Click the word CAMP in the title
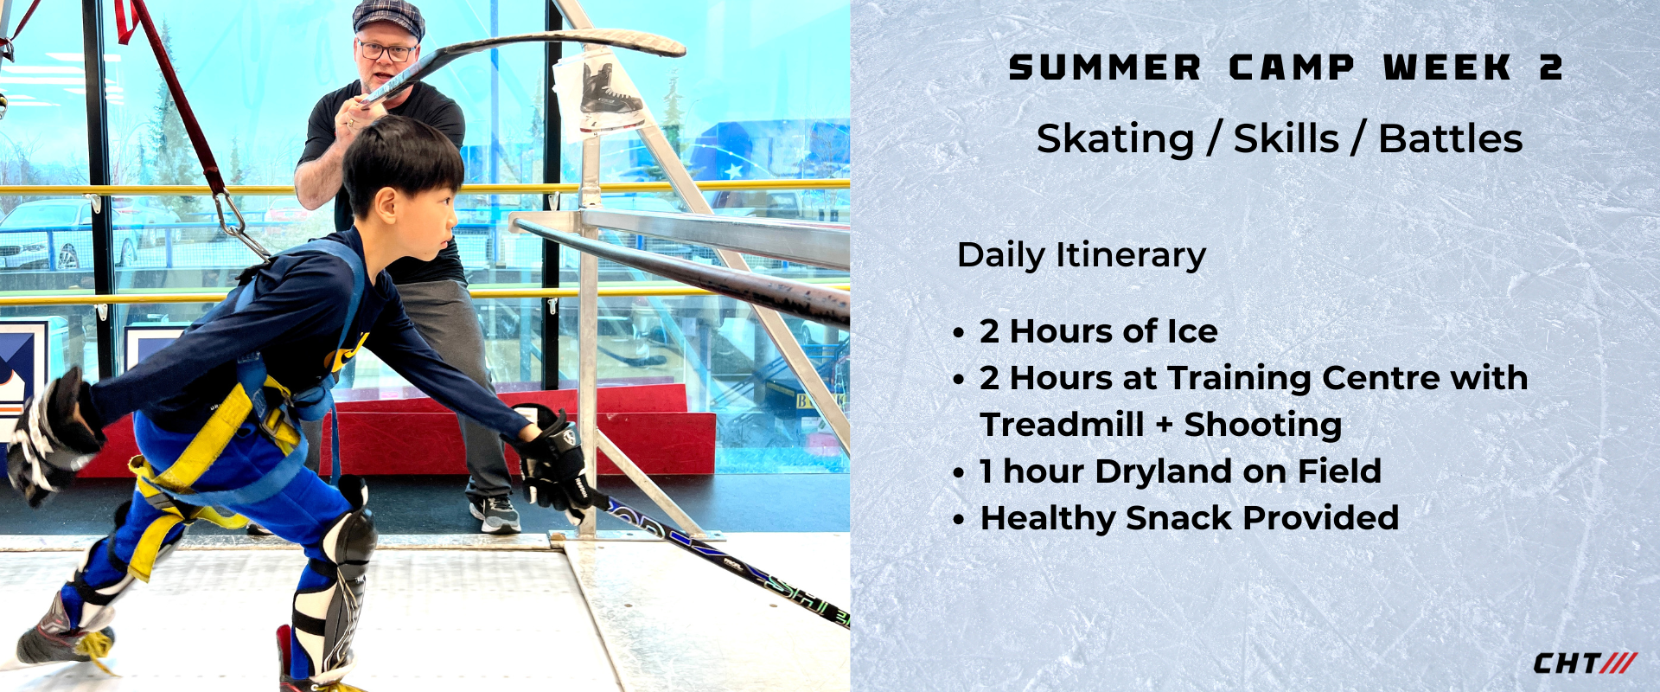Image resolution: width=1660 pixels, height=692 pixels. [1292, 67]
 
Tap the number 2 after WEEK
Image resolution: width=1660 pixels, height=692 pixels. [1551, 67]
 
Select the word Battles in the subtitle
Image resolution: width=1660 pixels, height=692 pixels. [1451, 138]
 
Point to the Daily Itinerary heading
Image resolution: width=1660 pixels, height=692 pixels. [1082, 255]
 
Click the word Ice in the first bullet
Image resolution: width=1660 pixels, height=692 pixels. [1192, 331]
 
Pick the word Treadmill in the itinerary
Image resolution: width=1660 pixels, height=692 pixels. [1063, 425]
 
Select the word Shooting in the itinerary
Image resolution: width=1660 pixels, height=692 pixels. [1263, 426]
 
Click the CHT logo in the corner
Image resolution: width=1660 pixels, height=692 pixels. [1585, 663]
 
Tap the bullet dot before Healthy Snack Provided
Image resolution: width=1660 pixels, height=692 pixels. [958, 520]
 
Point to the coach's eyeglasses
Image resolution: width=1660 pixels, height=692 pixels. [386, 51]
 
